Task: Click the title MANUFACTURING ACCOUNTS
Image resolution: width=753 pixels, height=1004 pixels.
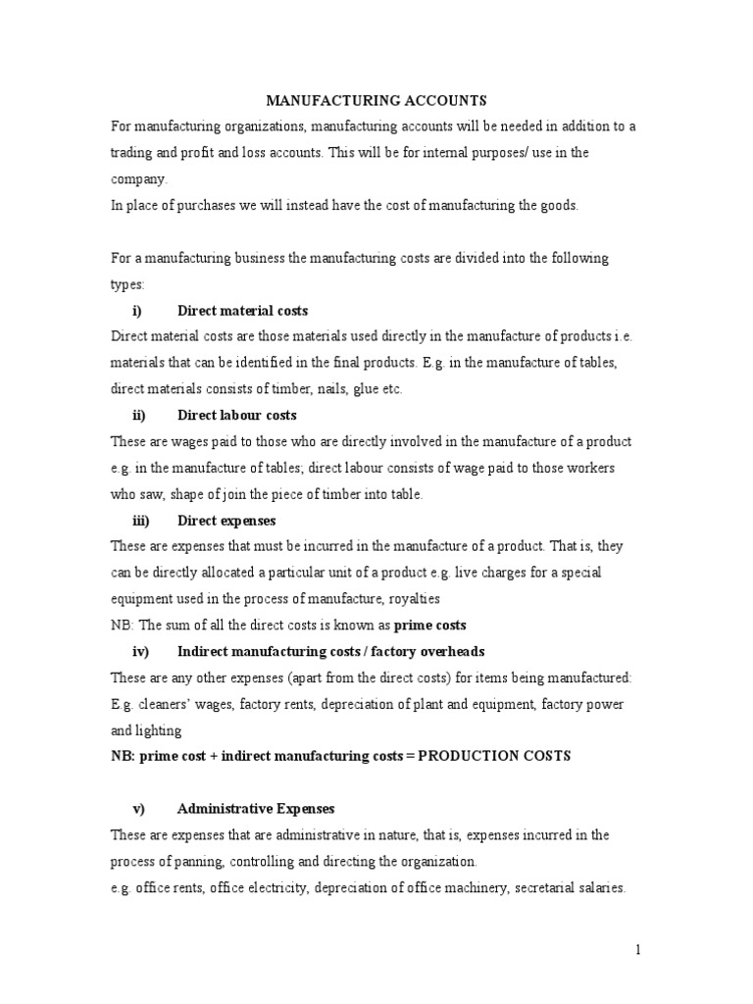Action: (x=376, y=101)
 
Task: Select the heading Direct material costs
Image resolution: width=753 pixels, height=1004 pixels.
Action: (x=242, y=311)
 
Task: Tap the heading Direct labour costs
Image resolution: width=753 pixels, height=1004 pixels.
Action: (x=237, y=416)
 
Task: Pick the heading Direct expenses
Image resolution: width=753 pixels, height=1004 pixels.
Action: (x=226, y=521)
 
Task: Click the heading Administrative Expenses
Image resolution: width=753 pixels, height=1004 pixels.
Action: (x=256, y=809)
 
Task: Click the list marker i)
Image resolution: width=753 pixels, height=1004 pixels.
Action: (x=137, y=311)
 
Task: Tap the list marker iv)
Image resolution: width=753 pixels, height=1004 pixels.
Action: (x=138, y=651)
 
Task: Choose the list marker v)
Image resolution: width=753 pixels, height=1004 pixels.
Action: (x=138, y=809)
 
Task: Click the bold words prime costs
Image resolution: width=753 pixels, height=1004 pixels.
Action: (x=429, y=626)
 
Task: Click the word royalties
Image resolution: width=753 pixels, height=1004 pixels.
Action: (x=412, y=599)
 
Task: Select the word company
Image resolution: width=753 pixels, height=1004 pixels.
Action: (x=138, y=179)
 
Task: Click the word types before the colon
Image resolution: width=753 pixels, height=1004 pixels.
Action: (x=126, y=284)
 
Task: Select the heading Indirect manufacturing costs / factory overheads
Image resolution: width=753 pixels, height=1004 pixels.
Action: (x=330, y=651)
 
